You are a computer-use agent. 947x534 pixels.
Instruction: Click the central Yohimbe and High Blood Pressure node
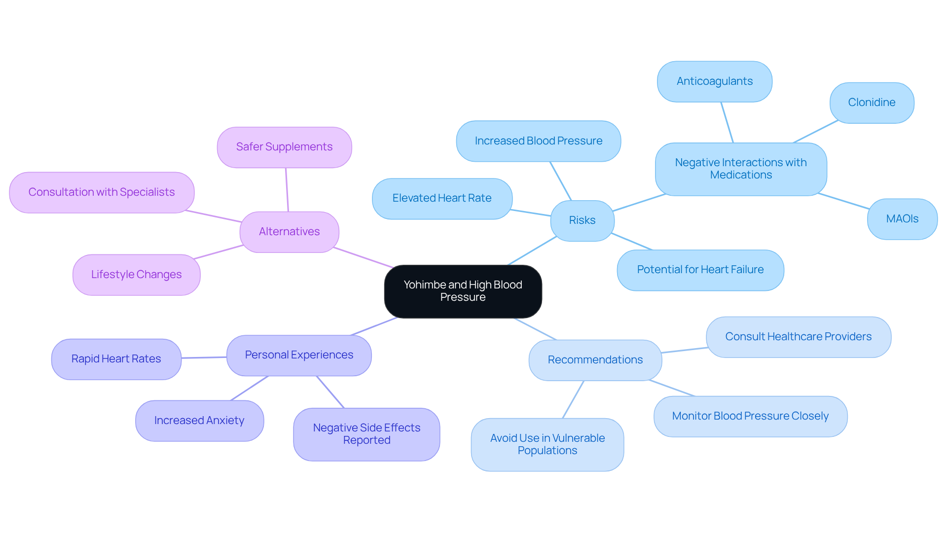point(463,291)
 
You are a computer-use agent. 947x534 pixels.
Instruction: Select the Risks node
point(582,220)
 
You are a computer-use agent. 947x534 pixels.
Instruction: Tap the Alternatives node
point(289,232)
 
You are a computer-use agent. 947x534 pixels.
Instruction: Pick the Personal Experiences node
point(299,355)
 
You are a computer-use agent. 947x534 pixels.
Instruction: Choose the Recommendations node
point(595,360)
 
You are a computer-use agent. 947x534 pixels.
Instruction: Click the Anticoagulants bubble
point(714,81)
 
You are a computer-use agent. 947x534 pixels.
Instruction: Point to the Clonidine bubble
point(872,103)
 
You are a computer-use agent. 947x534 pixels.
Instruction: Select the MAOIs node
point(902,219)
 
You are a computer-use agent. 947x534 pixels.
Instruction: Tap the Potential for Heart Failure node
point(700,270)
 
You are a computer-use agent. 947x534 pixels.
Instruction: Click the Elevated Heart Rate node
point(442,198)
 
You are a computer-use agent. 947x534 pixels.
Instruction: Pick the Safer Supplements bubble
point(284,147)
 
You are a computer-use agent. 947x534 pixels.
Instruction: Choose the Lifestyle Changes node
point(136,275)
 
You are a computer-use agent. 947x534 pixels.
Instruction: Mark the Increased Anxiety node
point(199,421)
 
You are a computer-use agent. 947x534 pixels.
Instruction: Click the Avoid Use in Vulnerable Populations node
point(547,444)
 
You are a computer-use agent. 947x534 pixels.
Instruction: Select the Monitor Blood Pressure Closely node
point(750,416)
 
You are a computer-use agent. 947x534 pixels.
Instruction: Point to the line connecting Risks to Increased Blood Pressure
point(561,181)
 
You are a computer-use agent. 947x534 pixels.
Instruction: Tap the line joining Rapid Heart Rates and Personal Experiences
point(204,357)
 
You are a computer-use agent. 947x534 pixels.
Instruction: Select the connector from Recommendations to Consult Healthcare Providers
point(685,350)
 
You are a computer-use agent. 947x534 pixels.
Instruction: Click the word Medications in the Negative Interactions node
point(741,175)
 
